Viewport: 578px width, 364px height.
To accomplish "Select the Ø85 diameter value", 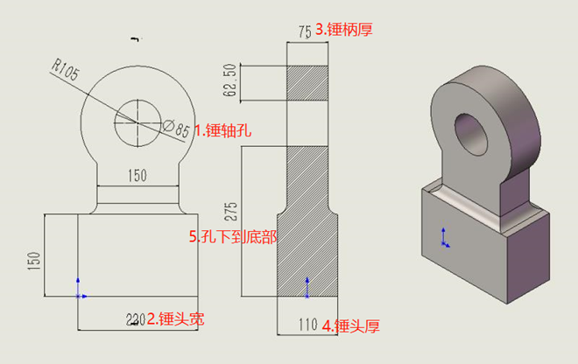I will pos(179,130).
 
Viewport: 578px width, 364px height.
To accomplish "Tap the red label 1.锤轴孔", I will pos(222,131).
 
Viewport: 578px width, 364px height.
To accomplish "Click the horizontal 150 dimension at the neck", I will pos(137,176).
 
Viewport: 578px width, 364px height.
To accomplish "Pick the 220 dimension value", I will pos(133,320).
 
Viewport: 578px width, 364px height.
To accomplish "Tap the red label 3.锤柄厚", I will pos(351,30).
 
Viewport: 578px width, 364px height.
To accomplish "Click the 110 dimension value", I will pos(307,325).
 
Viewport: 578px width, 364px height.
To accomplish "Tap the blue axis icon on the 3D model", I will pos(446,238).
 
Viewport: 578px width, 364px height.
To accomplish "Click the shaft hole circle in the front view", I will pos(137,123).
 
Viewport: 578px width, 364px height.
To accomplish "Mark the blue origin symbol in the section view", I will pos(307,283).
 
